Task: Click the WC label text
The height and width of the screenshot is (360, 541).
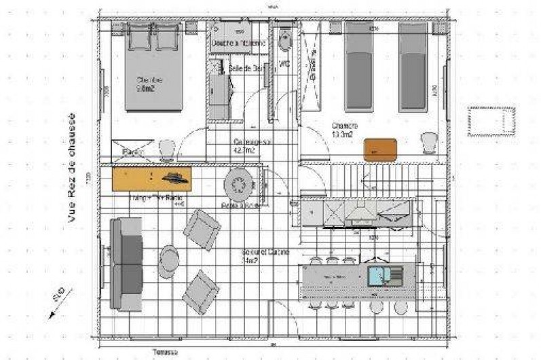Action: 284,65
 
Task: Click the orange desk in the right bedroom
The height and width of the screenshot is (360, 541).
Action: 379,149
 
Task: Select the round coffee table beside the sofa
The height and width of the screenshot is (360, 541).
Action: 169,258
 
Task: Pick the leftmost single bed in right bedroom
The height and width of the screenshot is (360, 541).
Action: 359,66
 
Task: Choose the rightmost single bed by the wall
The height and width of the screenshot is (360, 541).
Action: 413,66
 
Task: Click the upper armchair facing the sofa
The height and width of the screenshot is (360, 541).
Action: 202,229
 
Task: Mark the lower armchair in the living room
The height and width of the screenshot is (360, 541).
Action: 200,291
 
